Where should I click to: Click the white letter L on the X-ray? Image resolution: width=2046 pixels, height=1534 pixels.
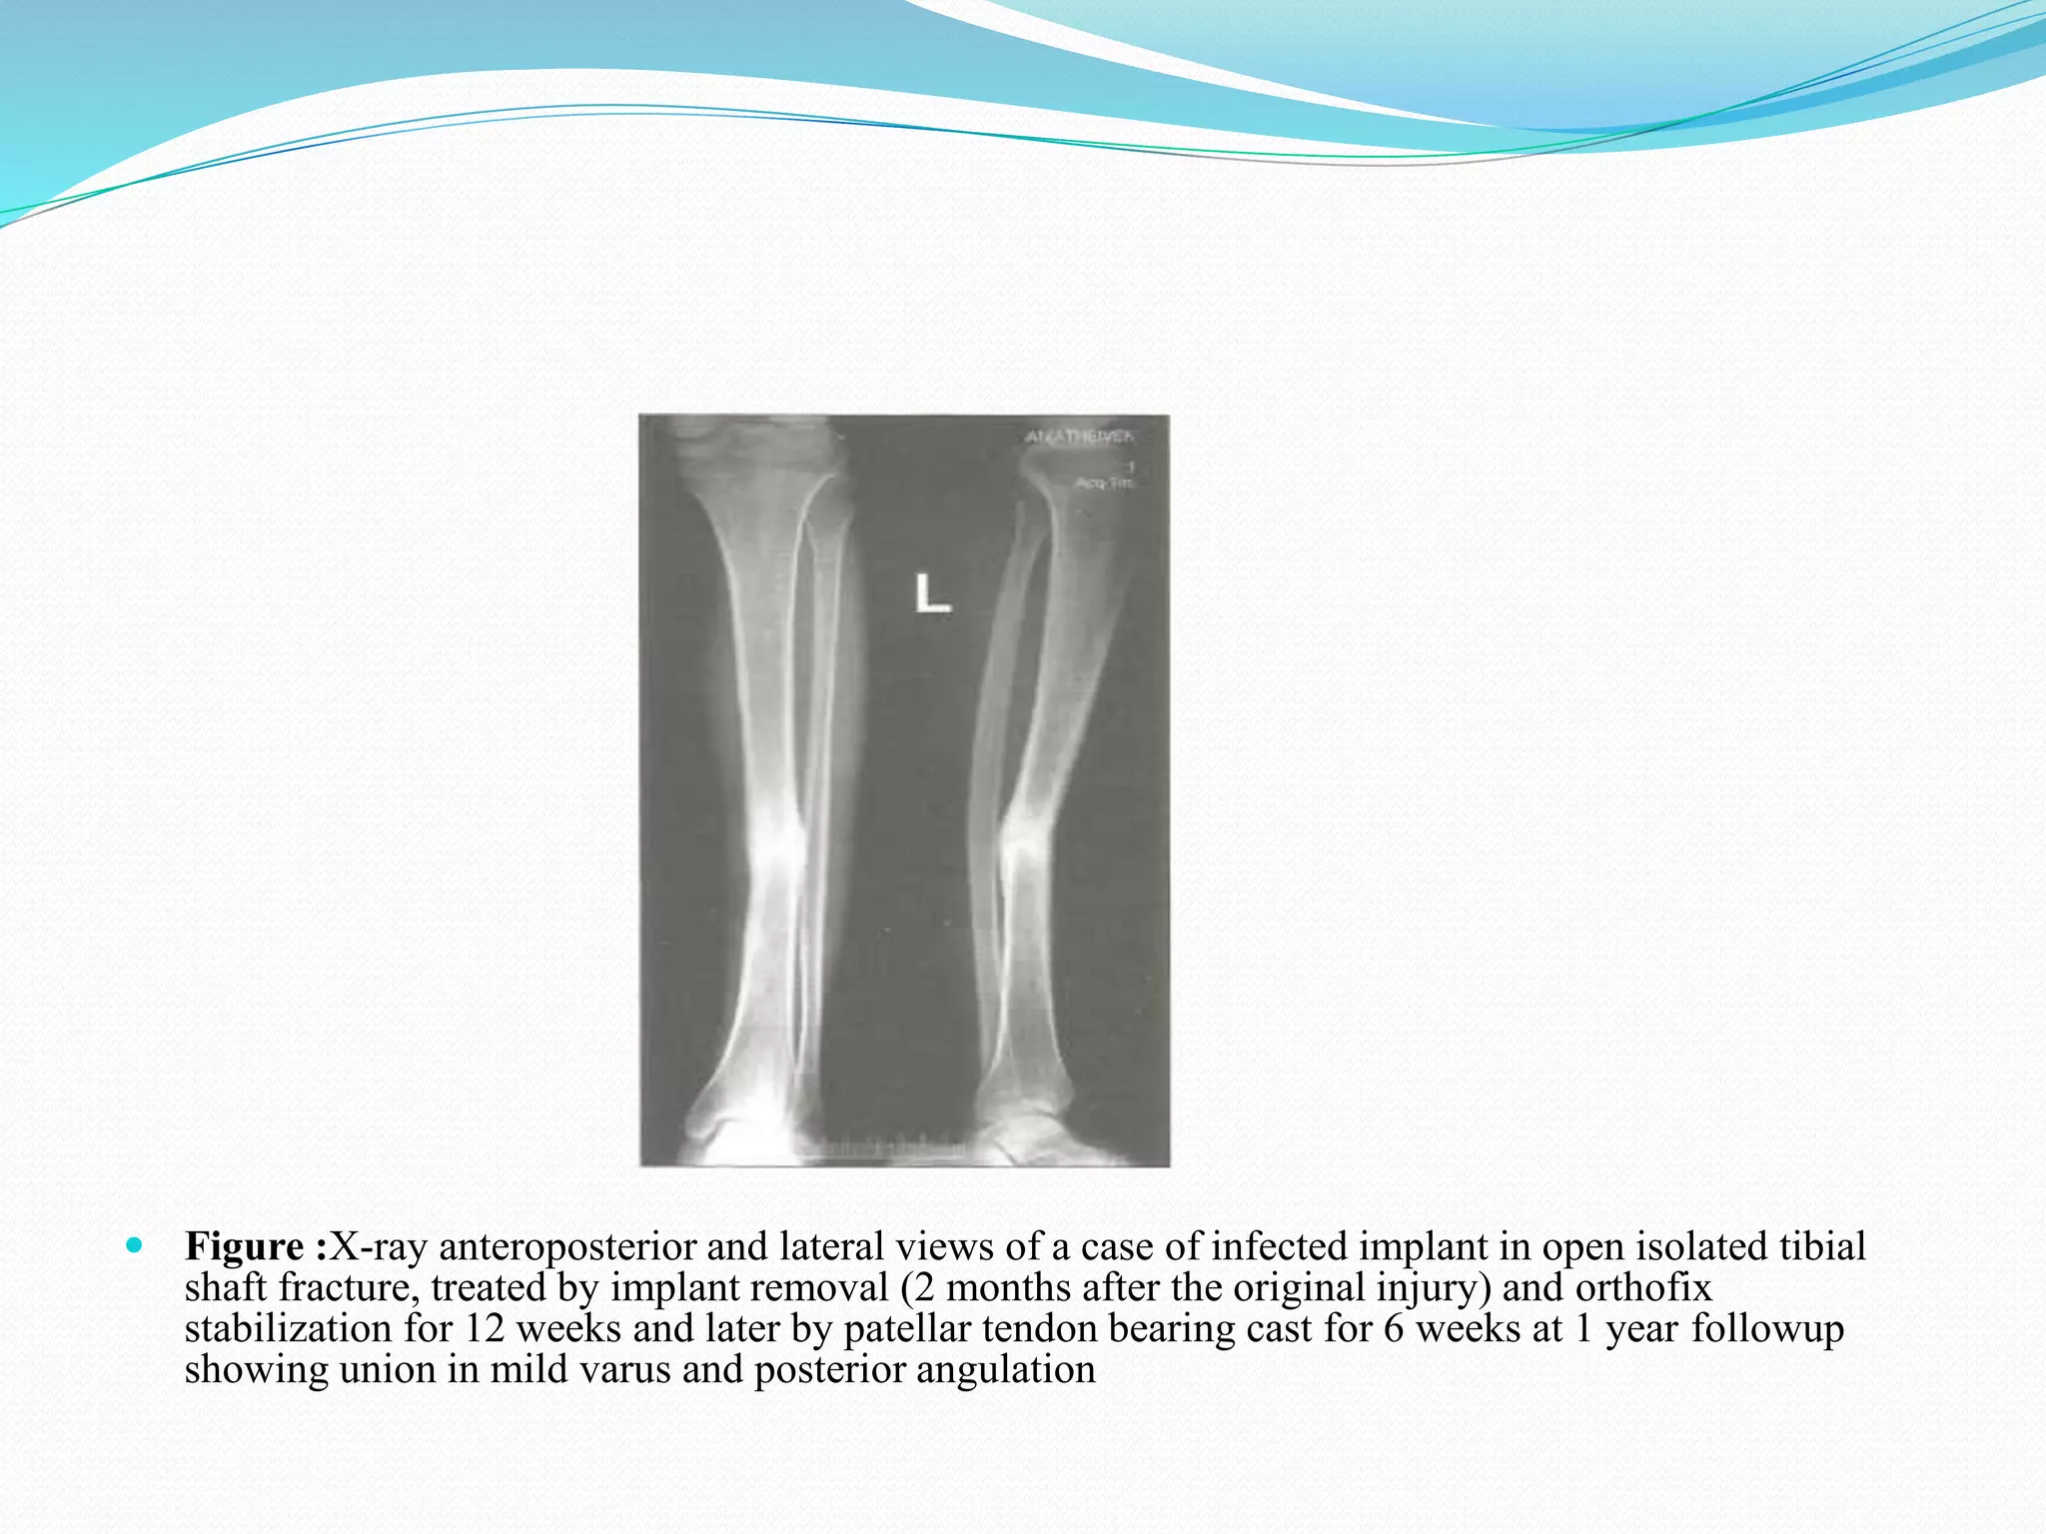932,593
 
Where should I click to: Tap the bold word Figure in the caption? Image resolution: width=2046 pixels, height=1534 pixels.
245,1247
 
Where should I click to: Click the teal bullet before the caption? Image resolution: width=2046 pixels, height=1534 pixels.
134,1245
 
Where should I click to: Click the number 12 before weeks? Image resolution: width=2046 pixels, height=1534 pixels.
485,1329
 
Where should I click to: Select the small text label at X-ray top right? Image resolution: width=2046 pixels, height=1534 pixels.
1081,436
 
